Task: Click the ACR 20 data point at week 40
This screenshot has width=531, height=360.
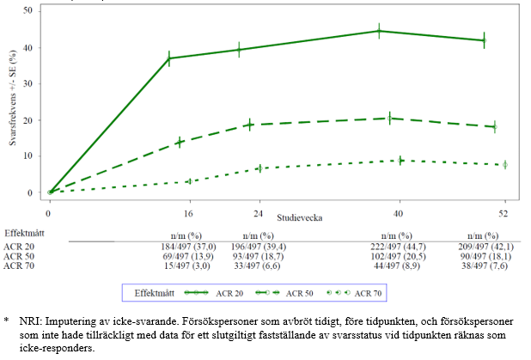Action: coord(379,31)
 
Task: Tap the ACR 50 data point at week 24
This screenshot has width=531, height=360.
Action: coord(250,125)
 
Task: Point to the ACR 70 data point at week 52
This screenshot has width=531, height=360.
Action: coord(505,164)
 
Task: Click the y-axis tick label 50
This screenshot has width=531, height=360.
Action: coord(30,10)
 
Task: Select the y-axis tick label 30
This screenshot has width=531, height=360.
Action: coord(30,83)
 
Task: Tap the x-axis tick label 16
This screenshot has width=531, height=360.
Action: coord(187,212)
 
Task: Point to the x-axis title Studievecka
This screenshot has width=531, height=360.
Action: coord(299,218)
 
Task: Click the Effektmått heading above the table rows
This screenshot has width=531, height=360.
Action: coord(26,233)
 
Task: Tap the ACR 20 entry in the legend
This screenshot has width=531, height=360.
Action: coord(227,294)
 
